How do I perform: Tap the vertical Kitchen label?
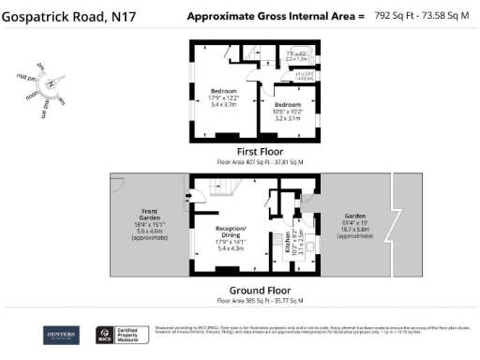(288, 246)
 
